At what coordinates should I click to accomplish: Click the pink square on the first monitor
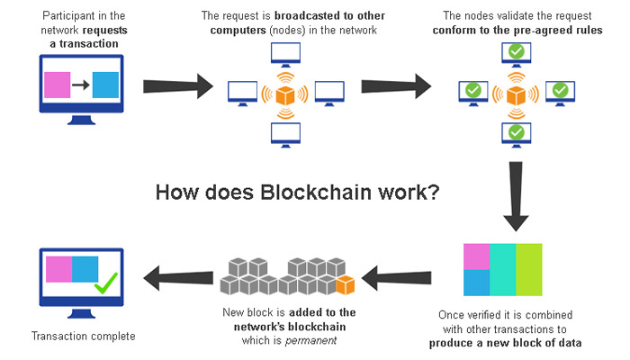(57, 86)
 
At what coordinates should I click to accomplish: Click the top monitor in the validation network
(516, 52)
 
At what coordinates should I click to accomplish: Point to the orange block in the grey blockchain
(344, 285)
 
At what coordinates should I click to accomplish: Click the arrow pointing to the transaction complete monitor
(177, 276)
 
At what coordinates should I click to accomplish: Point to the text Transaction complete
(83, 336)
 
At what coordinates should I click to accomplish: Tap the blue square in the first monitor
(104, 86)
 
